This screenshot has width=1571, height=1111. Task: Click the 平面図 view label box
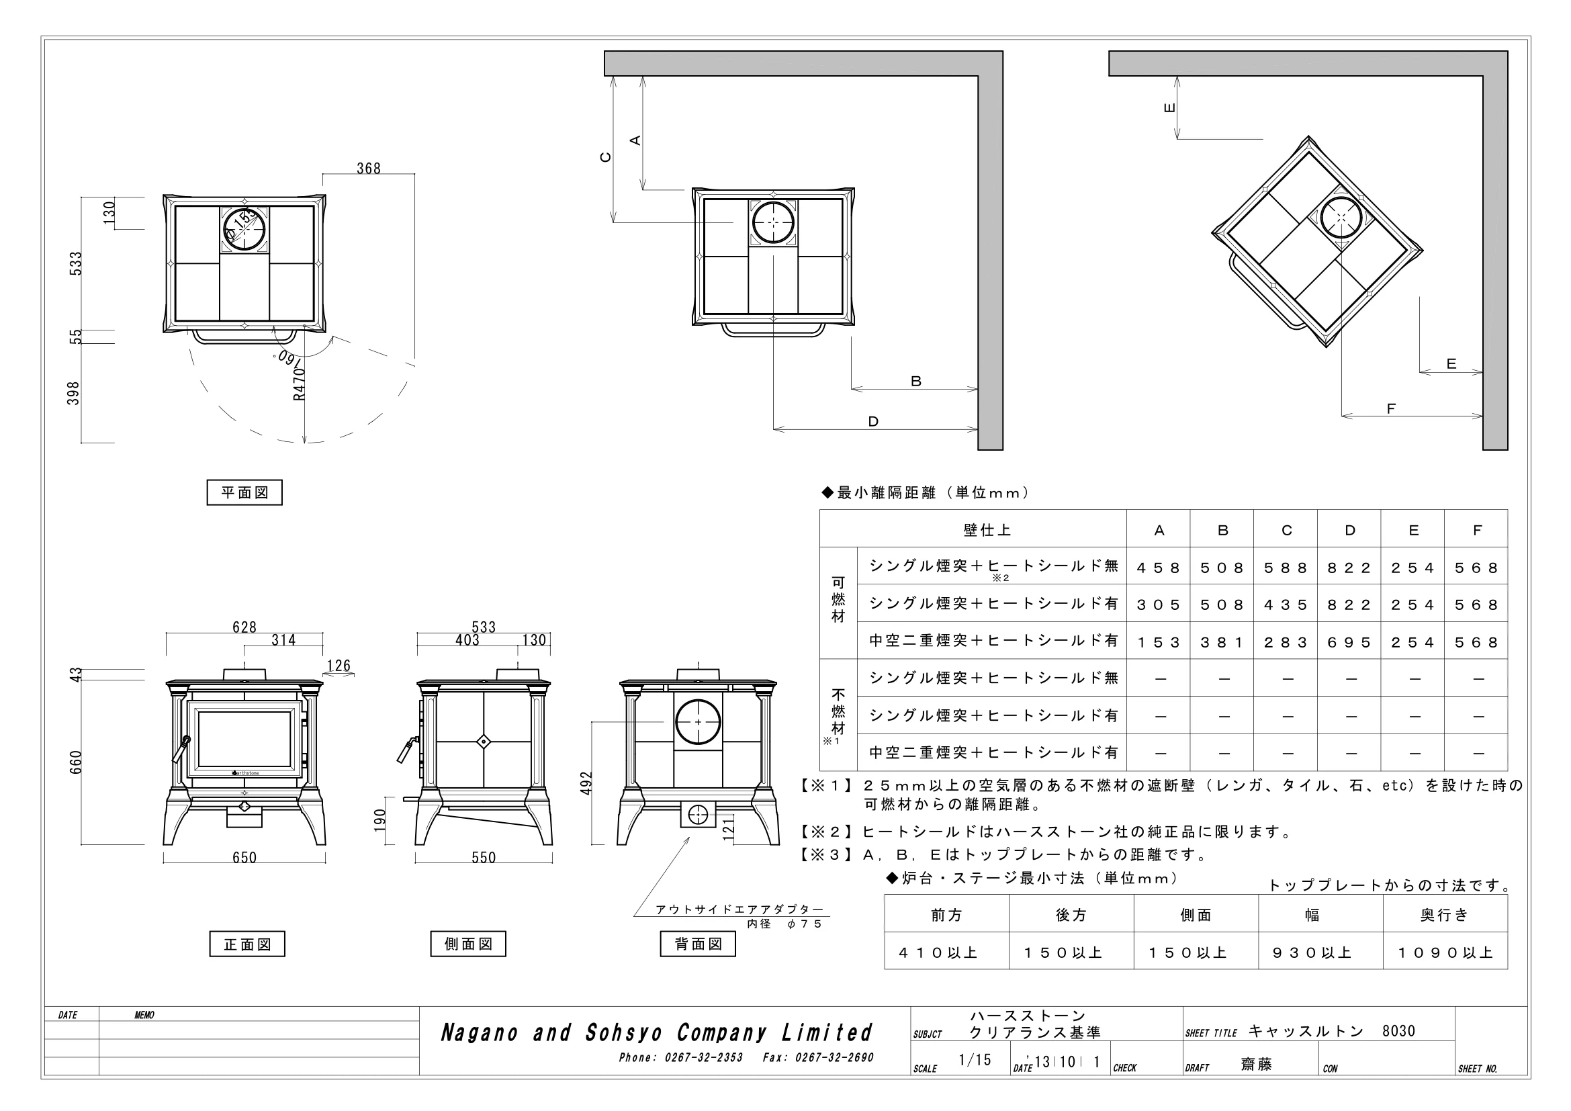(244, 492)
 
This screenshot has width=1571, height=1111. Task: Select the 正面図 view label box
(247, 944)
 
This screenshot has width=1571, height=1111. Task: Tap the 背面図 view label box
(698, 944)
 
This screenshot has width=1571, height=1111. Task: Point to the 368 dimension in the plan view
(369, 169)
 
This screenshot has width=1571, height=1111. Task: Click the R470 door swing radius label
(299, 384)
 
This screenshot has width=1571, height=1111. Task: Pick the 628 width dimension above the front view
(244, 627)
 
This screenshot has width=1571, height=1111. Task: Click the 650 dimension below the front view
(244, 858)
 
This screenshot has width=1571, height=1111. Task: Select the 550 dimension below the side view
(484, 858)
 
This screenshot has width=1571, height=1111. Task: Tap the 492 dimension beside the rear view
(586, 783)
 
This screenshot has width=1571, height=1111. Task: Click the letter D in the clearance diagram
(873, 421)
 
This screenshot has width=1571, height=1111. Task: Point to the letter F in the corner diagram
(1391, 408)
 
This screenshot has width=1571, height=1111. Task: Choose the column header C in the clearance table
(1286, 530)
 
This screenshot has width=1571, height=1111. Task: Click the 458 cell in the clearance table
(1159, 568)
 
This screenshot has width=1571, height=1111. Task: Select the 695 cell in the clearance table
(1349, 642)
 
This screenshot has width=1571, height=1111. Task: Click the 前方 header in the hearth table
(947, 916)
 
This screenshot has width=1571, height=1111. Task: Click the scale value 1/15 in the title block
(975, 1060)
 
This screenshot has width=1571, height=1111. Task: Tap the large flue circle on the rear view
(698, 721)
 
